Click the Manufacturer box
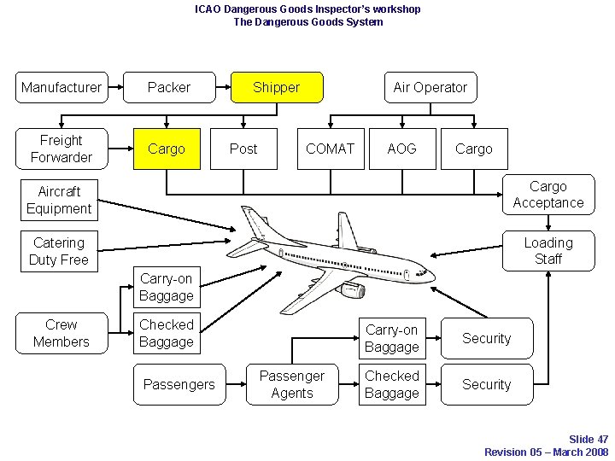(61, 87)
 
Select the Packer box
(169, 87)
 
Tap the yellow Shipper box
(277, 87)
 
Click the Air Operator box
(430, 87)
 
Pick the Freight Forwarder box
(61, 149)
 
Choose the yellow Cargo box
(167, 149)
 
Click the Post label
(243, 149)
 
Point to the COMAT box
(330, 149)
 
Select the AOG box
(401, 149)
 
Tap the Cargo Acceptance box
(548, 195)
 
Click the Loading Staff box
(548, 251)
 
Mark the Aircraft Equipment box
(59, 200)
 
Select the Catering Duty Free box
(59, 251)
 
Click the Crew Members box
(61, 333)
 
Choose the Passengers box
(179, 384)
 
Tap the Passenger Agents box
(292, 384)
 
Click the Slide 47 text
(589, 440)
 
